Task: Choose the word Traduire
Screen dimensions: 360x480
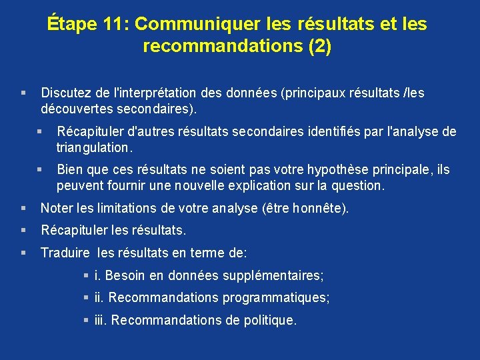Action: [x=65, y=253]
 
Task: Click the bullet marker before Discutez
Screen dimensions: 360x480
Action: [x=23, y=93]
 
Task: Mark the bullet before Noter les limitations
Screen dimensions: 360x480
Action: [x=23, y=209]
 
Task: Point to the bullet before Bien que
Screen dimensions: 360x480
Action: [x=40, y=170]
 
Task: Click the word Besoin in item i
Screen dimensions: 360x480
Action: [x=125, y=275]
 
